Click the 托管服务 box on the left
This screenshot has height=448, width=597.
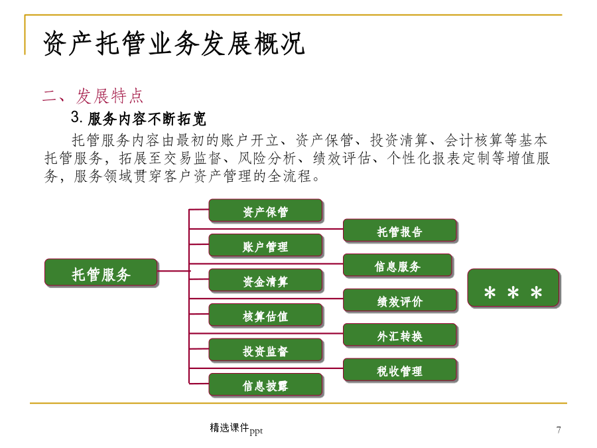(x=101, y=272)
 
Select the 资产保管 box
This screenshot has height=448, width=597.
(x=266, y=210)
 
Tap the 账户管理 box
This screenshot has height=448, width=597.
(x=266, y=246)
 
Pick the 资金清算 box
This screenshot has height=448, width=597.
(x=266, y=280)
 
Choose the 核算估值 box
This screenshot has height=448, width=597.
(x=266, y=315)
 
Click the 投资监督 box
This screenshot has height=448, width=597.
(x=266, y=350)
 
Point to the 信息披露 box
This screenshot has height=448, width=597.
(x=266, y=385)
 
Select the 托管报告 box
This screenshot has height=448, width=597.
(x=400, y=230)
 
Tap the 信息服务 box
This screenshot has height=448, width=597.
(x=397, y=265)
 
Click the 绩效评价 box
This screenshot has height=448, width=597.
(x=400, y=300)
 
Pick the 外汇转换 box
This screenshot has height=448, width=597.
(x=400, y=335)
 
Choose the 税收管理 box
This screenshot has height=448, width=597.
(x=400, y=370)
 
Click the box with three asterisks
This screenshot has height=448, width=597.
(x=513, y=288)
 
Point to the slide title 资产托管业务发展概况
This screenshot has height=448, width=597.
(x=174, y=43)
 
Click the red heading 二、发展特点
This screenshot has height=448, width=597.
(x=92, y=96)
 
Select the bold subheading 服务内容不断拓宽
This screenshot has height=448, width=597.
(x=147, y=119)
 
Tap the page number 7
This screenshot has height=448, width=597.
(x=559, y=429)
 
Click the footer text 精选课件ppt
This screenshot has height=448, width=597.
(x=236, y=429)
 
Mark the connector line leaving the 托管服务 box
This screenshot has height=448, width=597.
(x=174, y=271)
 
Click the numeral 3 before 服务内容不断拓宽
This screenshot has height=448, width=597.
(x=76, y=117)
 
